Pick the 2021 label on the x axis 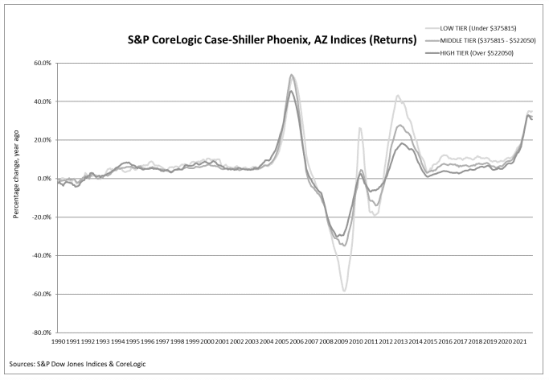coord(520,342)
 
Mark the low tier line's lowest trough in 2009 coord(344,291)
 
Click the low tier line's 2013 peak coord(398,96)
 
